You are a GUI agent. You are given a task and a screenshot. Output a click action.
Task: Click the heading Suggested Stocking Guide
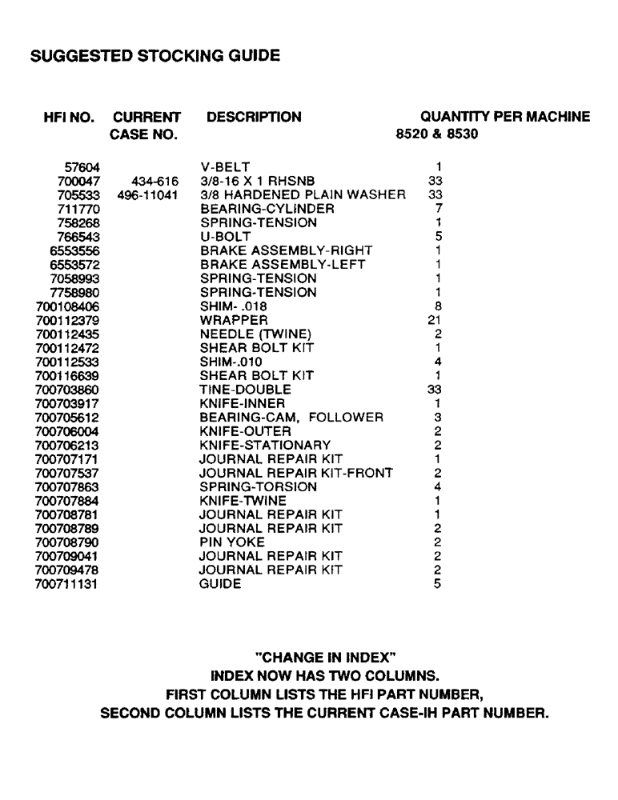154,57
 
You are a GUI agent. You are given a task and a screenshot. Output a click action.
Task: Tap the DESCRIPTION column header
254,118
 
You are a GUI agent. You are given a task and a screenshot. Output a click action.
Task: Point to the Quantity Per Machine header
505,118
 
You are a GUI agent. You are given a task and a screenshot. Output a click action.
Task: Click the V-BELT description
226,167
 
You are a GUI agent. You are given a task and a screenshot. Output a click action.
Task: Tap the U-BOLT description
225,237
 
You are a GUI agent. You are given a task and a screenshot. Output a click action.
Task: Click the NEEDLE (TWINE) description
255,334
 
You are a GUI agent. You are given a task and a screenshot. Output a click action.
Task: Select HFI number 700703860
68,390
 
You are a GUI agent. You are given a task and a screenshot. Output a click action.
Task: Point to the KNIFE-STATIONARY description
265,445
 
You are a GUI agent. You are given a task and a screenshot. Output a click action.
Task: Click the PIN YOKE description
231,542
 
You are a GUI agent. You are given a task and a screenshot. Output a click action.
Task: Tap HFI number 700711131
68,584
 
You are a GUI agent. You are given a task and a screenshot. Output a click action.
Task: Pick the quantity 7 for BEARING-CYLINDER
439,209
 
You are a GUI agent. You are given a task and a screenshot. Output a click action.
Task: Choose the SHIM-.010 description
231,362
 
